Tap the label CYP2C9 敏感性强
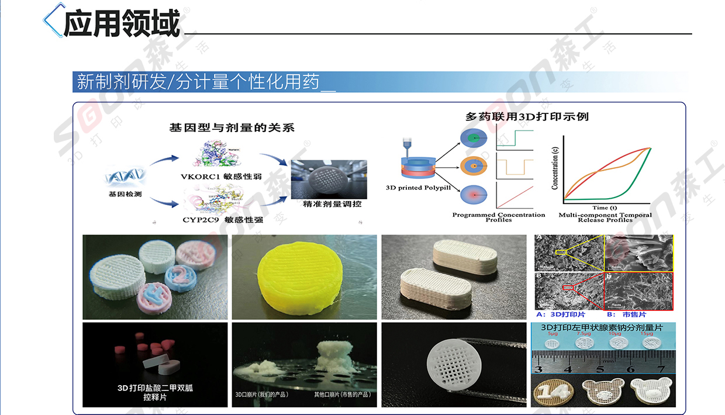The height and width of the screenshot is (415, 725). [223, 220]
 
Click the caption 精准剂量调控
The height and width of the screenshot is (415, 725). [332, 204]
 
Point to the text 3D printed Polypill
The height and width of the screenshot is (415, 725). [416, 188]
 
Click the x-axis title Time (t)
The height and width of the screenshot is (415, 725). [605, 207]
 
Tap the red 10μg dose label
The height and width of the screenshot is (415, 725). [614, 334]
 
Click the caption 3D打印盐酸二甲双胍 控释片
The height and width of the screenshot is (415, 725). [154, 392]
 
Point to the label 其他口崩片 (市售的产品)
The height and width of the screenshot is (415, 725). [342, 395]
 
